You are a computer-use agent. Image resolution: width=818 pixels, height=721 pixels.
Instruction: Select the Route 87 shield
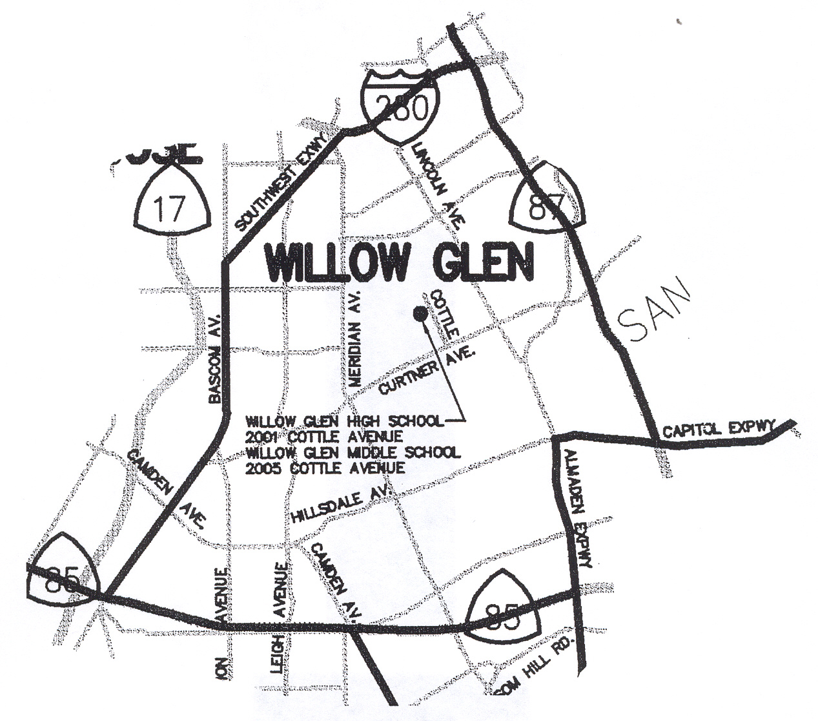[x=549, y=200]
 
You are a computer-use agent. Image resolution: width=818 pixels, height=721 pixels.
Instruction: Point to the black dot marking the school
[x=420, y=314]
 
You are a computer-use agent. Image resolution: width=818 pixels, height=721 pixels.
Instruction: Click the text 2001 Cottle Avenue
[x=325, y=437]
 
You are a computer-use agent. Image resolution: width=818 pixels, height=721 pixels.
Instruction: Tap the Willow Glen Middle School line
[x=353, y=452]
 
